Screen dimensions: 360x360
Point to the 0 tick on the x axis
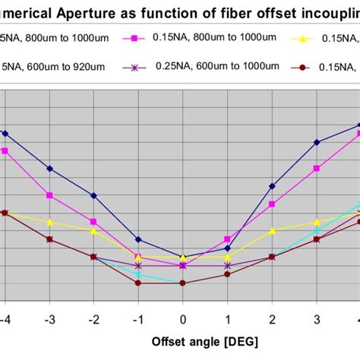coord(182,317)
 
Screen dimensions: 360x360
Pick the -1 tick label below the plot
coord(137,317)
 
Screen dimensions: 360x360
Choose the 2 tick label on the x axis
coord(272,317)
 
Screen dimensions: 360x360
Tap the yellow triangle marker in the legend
coord(304,37)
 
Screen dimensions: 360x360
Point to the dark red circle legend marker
coord(303,68)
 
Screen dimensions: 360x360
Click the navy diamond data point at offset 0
coord(182,257)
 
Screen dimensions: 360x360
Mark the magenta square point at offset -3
coord(49,195)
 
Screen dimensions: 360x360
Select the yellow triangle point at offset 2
coord(272,230)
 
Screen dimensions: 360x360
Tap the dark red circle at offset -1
coord(137,283)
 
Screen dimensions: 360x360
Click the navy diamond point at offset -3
coord(49,169)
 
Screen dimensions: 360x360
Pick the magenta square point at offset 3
coord(317,168)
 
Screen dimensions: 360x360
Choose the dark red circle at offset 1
coord(227,274)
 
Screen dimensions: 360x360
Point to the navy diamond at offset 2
coord(272,185)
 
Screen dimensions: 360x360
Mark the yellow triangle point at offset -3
coord(49,223)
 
